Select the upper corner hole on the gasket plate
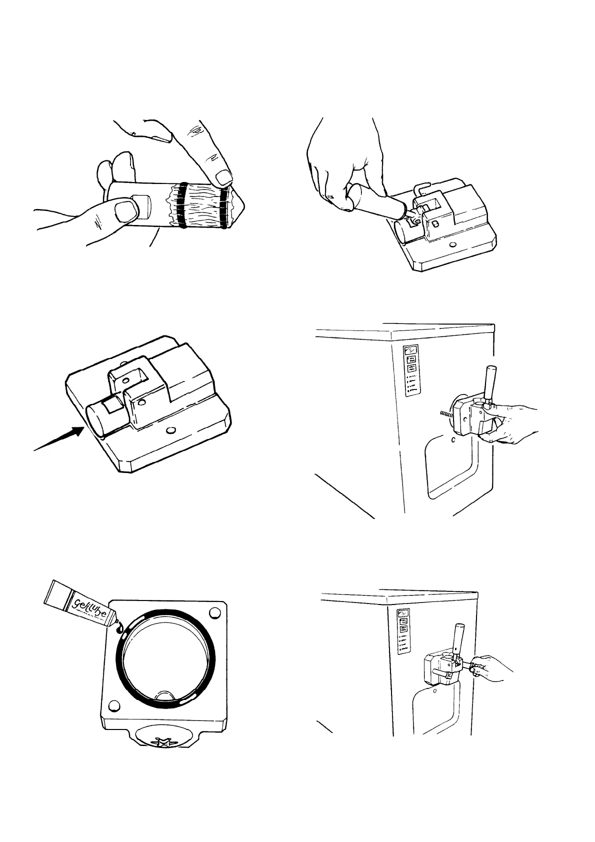tap(215, 612)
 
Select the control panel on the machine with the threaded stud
tap(412, 370)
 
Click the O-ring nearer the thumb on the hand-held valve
tap(183, 205)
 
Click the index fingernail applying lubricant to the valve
tap(224, 176)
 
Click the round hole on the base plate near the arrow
tap(171, 429)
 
